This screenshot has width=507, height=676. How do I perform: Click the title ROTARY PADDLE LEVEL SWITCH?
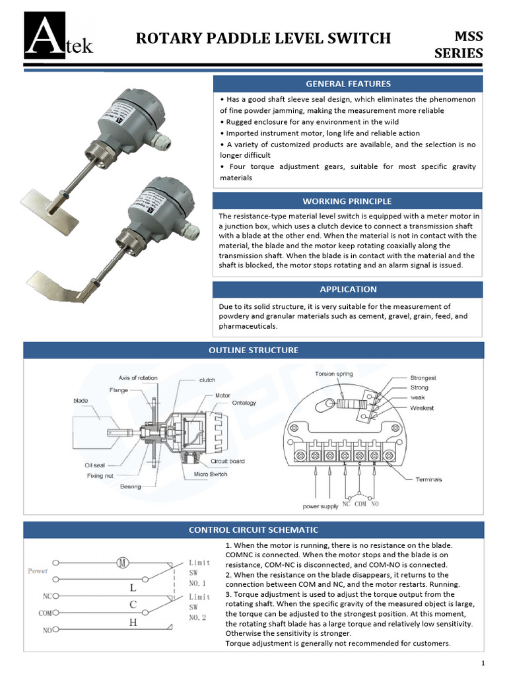click(263, 38)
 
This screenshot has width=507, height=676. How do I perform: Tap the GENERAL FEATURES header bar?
click(348, 84)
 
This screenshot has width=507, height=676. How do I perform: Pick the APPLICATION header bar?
click(348, 289)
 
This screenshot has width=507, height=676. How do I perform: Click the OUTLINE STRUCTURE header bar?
click(253, 350)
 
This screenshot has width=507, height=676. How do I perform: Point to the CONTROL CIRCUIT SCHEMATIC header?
click(253, 529)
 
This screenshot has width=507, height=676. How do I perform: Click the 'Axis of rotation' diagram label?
click(138, 378)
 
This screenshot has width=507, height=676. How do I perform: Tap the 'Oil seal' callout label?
click(94, 465)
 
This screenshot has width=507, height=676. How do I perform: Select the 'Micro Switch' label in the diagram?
click(210, 474)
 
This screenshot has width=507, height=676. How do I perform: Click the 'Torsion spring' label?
click(333, 374)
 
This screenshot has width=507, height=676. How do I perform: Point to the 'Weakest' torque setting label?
click(422, 408)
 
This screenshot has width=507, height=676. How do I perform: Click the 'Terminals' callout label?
click(429, 479)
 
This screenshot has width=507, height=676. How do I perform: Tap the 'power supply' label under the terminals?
click(320, 507)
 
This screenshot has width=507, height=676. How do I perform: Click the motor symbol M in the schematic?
click(122, 562)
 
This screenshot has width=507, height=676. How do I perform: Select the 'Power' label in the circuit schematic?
click(38, 570)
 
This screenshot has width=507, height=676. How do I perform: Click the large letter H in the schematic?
click(133, 622)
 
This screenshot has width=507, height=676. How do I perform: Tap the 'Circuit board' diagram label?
click(227, 461)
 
